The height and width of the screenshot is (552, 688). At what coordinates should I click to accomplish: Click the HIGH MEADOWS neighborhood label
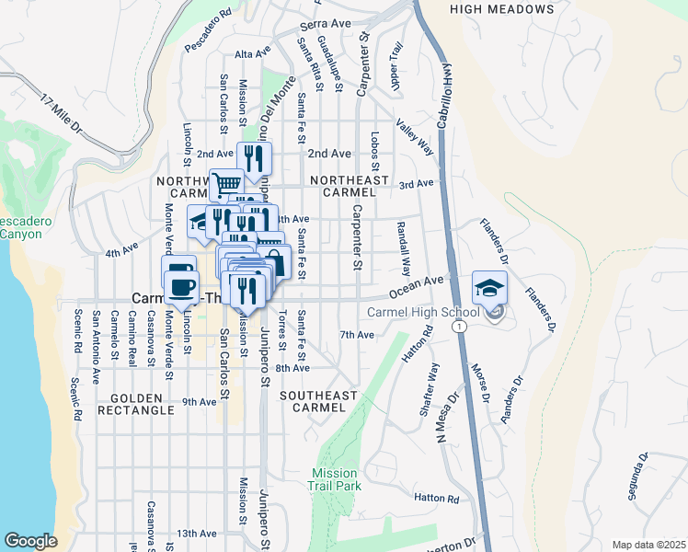[x=502, y=9]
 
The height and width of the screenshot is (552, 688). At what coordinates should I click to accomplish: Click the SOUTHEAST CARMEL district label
[x=318, y=401]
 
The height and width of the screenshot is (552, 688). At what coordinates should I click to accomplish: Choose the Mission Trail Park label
[x=336, y=478]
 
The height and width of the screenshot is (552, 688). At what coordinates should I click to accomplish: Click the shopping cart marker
[x=226, y=184]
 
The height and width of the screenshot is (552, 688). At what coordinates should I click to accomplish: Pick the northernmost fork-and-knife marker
[x=255, y=158]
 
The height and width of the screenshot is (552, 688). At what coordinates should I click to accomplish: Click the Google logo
[x=30, y=540]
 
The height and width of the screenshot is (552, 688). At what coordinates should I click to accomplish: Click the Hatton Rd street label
[x=436, y=498]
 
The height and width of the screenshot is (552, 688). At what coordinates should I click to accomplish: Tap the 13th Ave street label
[x=197, y=534]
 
